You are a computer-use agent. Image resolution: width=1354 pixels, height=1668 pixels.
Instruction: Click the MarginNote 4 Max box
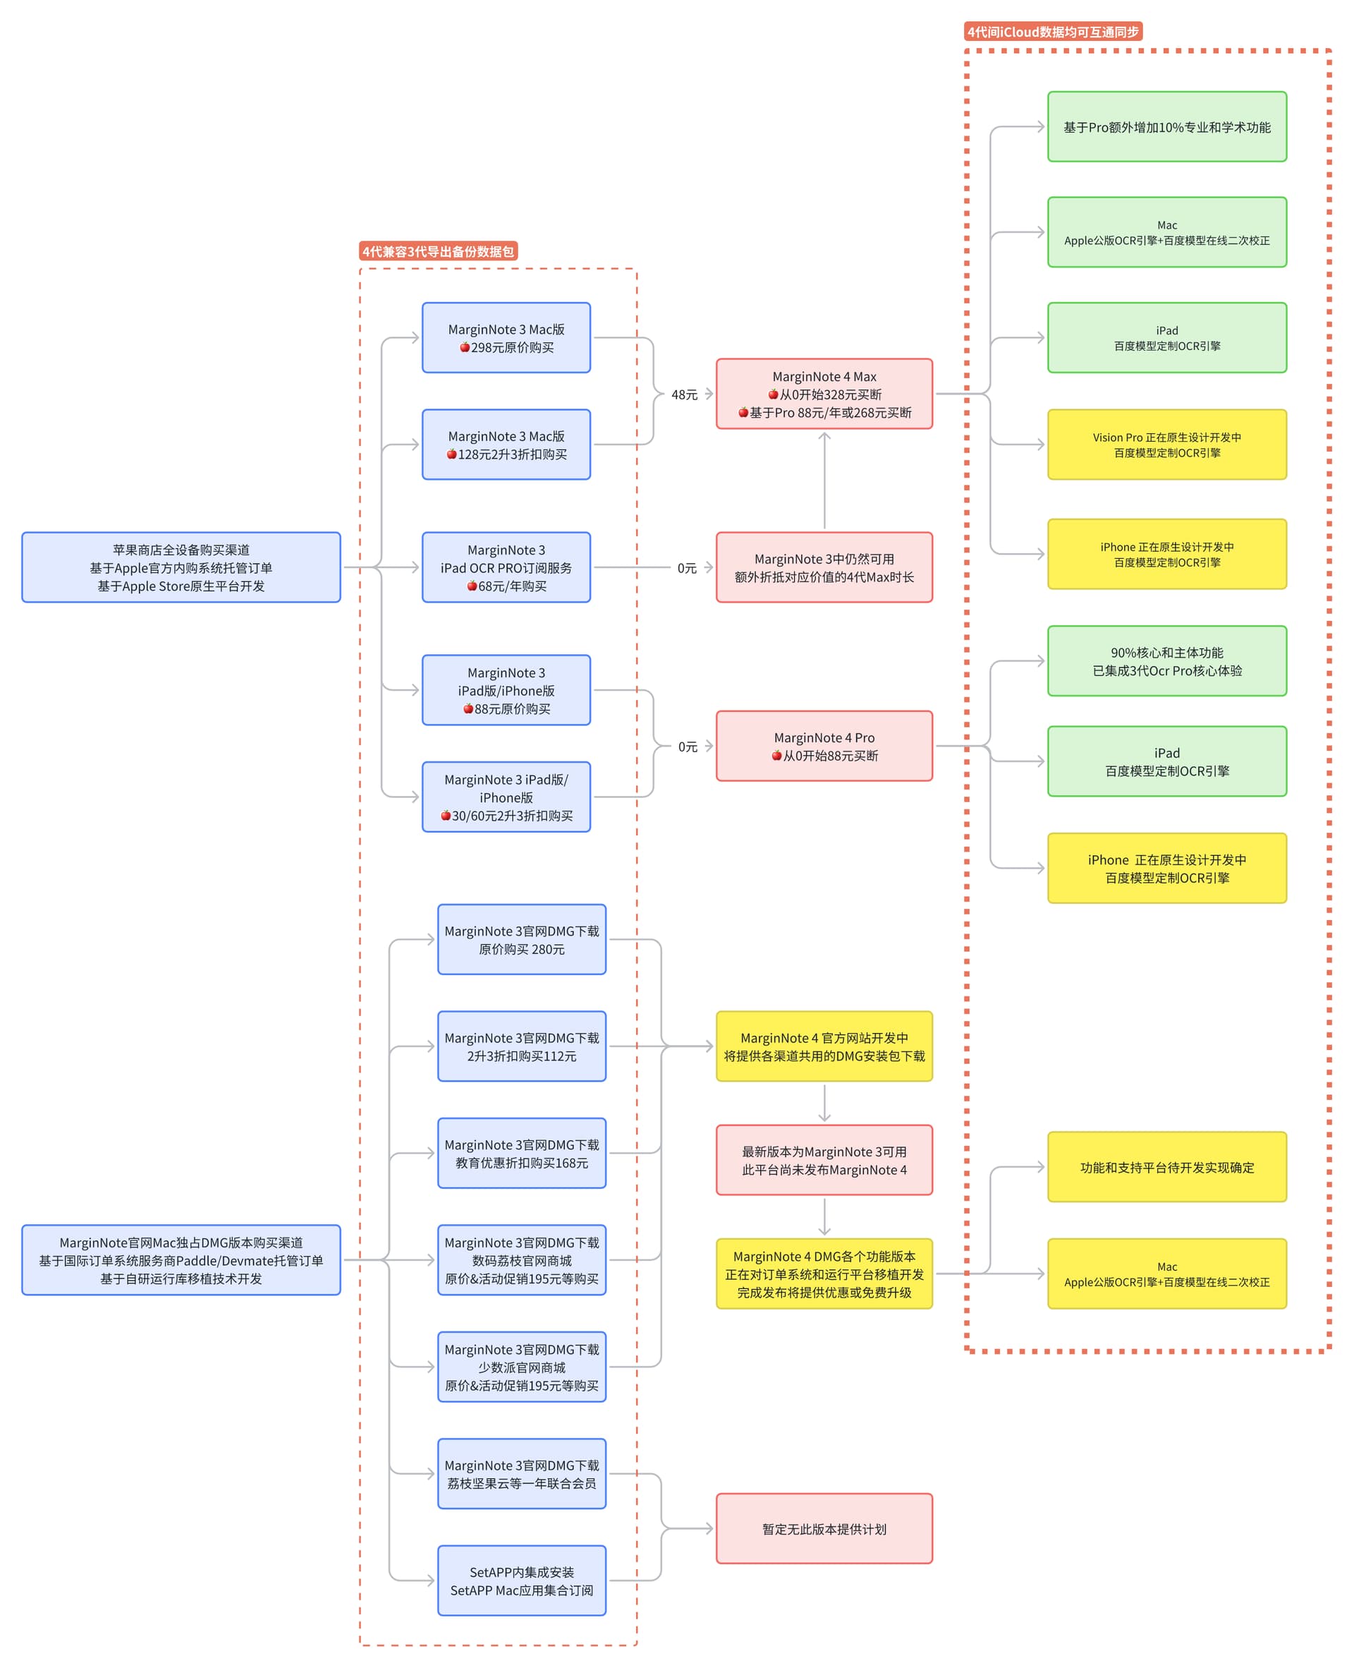pyautogui.click(x=824, y=394)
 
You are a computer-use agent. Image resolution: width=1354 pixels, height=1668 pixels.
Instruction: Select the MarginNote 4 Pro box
pyautogui.click(x=824, y=746)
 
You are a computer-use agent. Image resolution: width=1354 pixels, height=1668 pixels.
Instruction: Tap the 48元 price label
pyautogui.click(x=684, y=394)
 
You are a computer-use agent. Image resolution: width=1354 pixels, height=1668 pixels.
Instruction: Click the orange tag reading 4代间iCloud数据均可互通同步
pyautogui.click(x=1053, y=32)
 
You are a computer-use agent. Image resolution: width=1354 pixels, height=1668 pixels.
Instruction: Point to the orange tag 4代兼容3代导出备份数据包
pyautogui.click(x=439, y=251)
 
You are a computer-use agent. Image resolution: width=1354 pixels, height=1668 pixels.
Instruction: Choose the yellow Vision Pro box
pyautogui.click(x=1167, y=445)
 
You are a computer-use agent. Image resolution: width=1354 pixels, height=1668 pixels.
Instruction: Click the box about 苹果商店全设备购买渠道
pyautogui.click(x=181, y=567)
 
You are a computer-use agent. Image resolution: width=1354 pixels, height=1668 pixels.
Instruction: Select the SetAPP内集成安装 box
pyautogui.click(x=522, y=1581)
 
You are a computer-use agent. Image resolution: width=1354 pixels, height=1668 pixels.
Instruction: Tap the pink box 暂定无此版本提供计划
pyautogui.click(x=824, y=1529)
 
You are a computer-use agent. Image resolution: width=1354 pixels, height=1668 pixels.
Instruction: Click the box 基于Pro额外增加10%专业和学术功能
pyautogui.click(x=1167, y=126)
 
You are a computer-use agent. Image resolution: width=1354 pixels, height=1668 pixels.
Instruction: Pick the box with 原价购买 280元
pyautogui.click(x=522, y=939)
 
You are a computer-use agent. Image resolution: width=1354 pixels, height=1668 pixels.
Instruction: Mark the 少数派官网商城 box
pyautogui.click(x=522, y=1367)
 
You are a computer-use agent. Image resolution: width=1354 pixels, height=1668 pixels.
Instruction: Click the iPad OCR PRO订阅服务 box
pyautogui.click(x=506, y=567)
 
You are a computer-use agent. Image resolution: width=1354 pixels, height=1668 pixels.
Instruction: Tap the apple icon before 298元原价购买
pyautogui.click(x=465, y=347)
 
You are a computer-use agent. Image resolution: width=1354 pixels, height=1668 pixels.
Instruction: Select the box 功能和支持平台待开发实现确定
pyautogui.click(x=1167, y=1167)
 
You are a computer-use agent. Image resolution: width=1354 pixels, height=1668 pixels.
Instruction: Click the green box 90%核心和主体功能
pyautogui.click(x=1167, y=661)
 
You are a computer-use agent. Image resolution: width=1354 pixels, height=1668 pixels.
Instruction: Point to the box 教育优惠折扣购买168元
pyautogui.click(x=522, y=1153)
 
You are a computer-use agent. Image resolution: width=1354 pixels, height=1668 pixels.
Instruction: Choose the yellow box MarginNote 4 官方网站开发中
pyautogui.click(x=824, y=1046)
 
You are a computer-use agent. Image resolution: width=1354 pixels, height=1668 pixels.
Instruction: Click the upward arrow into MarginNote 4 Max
pyautogui.click(x=824, y=481)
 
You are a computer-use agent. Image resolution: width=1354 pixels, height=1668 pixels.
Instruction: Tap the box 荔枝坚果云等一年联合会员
pyautogui.click(x=522, y=1474)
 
